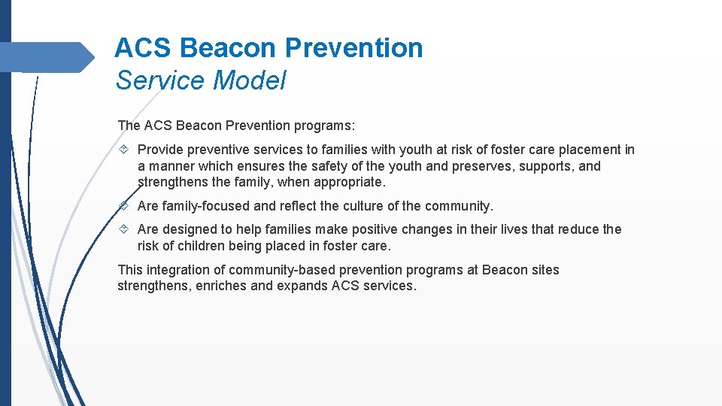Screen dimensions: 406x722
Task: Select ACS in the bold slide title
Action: coord(144,48)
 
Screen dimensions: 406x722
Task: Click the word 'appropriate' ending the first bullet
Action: coord(352,183)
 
